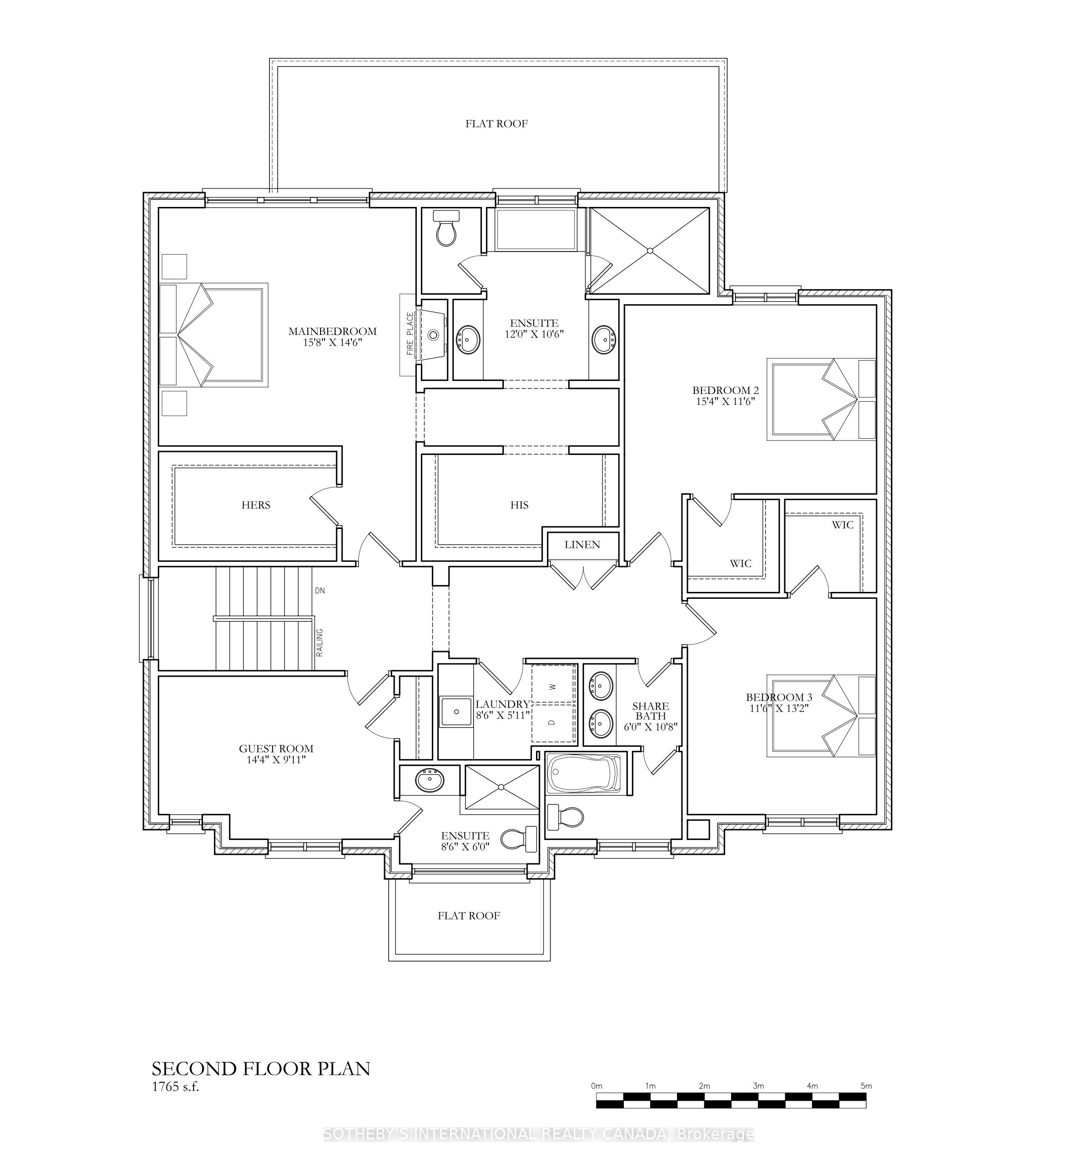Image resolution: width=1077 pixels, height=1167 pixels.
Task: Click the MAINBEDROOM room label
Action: (332, 331)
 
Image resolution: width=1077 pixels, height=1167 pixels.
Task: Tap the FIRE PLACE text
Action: (410, 334)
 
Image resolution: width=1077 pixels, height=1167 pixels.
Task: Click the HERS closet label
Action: (256, 505)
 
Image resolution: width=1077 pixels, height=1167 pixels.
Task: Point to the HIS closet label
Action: (519, 505)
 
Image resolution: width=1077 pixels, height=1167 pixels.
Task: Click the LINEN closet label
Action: (582, 544)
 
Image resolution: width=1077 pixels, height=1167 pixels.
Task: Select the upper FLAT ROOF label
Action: (496, 124)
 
